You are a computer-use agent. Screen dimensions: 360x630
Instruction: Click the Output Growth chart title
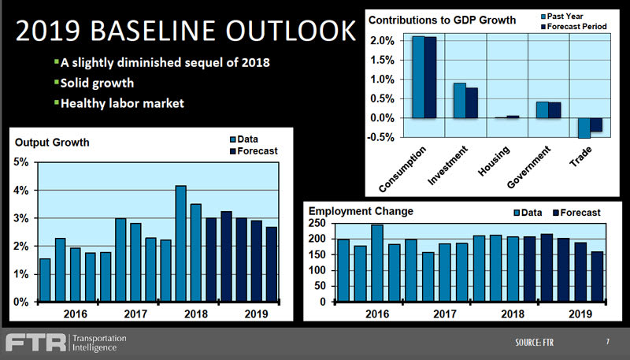pos(52,143)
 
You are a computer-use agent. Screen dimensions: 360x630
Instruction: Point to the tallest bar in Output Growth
pos(180,243)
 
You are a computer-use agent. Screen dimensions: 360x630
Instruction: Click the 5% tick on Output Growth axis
pos(21,162)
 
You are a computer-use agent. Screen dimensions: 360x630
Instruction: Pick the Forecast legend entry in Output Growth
pos(256,150)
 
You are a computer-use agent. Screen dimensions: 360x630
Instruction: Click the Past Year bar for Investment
pos(459,100)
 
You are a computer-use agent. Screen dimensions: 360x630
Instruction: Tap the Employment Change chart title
pos(361,211)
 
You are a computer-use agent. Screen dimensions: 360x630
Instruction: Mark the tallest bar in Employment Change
pos(376,263)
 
